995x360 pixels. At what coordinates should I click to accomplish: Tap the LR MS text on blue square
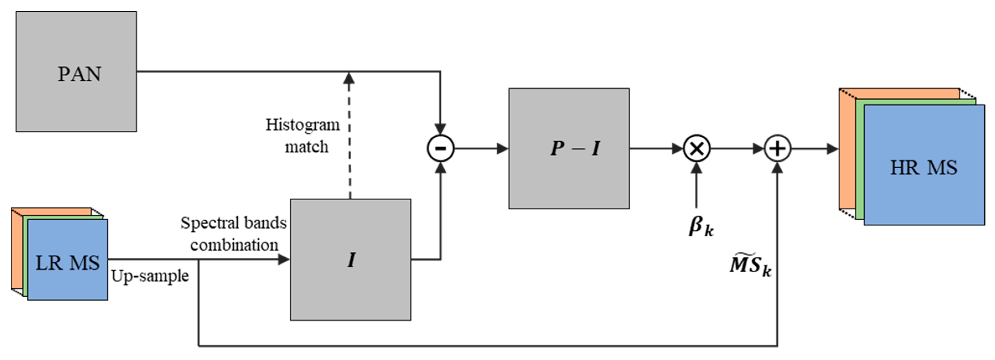[x=68, y=263]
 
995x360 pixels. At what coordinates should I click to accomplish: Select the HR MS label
[x=924, y=168]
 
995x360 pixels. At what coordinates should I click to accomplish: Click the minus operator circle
[x=440, y=148]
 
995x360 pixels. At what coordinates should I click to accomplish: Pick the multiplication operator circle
[x=697, y=148]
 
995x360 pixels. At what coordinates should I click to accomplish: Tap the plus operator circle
[x=778, y=148]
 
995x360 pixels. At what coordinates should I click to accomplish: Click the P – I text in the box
[x=575, y=148]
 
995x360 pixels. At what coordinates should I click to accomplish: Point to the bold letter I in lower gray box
[x=351, y=260]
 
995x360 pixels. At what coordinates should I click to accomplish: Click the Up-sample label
[x=150, y=276]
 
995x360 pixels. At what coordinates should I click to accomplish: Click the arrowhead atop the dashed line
[x=349, y=78]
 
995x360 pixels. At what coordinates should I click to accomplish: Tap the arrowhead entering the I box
[x=284, y=260]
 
